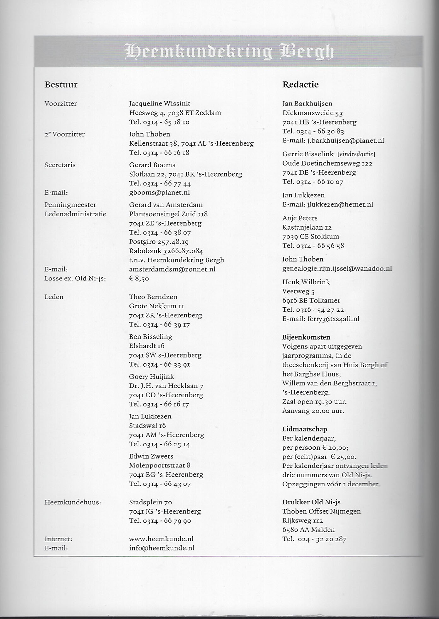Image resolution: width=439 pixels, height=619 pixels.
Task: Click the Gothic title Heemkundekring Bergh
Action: [x=229, y=52]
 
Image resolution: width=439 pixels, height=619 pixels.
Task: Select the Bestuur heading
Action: [x=61, y=85]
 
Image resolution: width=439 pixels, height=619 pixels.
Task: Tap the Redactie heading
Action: [x=300, y=85]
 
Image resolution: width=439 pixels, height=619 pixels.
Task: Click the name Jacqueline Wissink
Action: [x=159, y=104]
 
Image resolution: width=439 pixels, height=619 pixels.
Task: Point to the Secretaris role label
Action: [x=60, y=165]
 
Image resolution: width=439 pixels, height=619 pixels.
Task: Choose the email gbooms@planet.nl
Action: [x=159, y=192]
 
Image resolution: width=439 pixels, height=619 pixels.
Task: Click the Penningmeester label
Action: [x=70, y=205]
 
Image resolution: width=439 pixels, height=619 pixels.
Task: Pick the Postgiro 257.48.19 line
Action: [x=159, y=242]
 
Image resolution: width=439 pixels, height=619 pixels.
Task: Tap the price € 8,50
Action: [x=139, y=279]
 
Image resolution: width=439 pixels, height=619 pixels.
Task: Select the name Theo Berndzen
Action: [x=153, y=297]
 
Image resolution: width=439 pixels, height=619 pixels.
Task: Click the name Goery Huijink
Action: [x=151, y=376]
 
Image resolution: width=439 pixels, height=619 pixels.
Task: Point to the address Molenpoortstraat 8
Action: [x=160, y=465]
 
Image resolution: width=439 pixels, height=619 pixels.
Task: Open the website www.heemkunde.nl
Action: [x=161, y=539]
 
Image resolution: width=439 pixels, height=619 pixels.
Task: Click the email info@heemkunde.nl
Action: [x=161, y=548]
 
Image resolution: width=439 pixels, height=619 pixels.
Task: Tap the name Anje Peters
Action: [x=300, y=218]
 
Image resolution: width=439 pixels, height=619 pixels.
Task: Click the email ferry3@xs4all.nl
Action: [x=333, y=319]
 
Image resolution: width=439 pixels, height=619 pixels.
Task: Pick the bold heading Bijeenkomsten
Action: [x=306, y=337]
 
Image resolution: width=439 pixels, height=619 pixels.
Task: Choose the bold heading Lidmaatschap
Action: [x=304, y=429]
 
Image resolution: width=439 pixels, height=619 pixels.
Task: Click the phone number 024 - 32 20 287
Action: [x=322, y=539]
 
